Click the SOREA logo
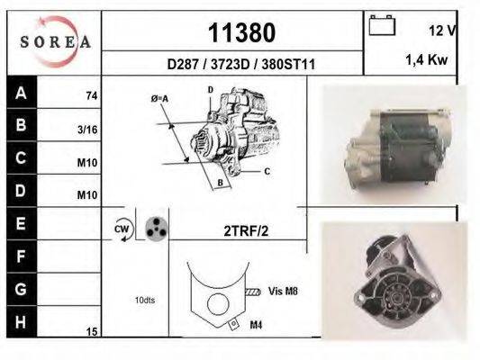coord(54,41)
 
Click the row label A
coord(21,93)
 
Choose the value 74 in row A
coord(91,94)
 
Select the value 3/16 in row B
coord(87,129)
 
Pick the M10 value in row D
coord(87,194)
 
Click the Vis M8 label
coord(283,291)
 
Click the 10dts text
coord(144,300)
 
